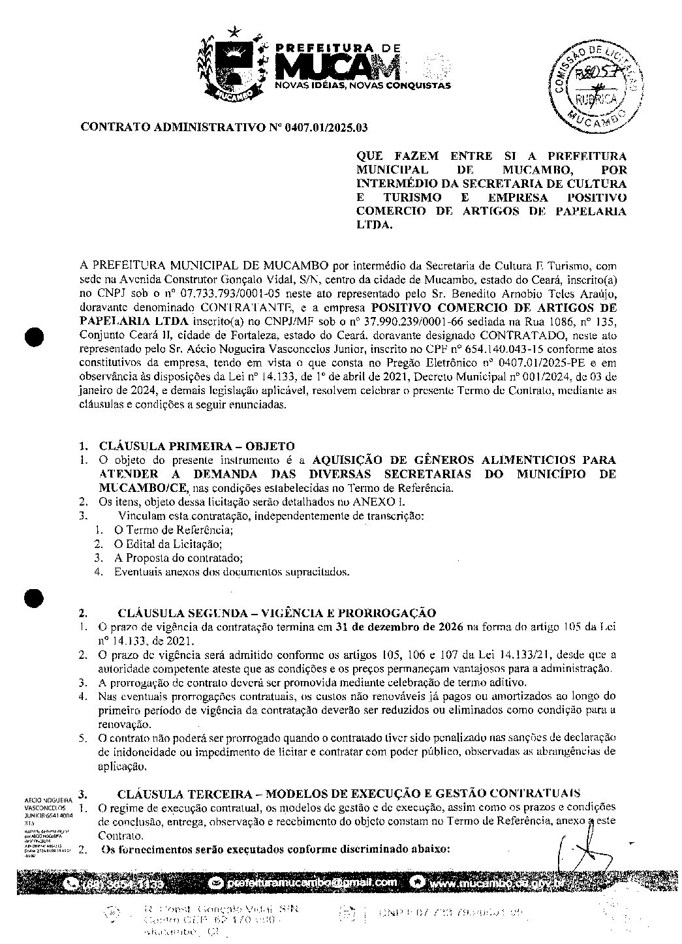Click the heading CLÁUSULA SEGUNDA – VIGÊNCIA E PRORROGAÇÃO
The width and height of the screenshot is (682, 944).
276,613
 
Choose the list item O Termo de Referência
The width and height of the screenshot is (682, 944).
174,530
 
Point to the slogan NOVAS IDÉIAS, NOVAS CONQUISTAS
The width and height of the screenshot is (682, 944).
362,85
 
